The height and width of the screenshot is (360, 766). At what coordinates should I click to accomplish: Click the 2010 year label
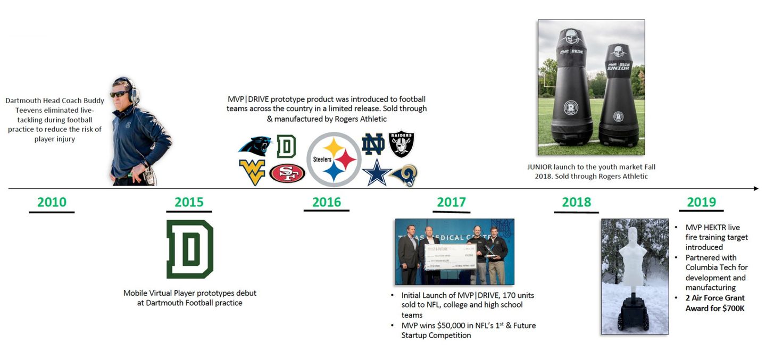tap(52, 202)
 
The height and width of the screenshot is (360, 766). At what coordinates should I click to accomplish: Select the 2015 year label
tap(189, 202)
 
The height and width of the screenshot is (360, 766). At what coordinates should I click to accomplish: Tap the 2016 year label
tap(327, 202)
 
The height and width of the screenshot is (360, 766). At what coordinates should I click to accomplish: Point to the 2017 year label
tap(451, 202)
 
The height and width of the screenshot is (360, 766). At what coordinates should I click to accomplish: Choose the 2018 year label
tap(577, 202)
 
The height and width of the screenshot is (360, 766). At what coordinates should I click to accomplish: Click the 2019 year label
tap(701, 202)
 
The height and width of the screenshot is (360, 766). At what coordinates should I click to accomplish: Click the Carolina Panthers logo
tap(254, 146)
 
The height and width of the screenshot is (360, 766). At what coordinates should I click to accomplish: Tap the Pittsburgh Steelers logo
tap(334, 160)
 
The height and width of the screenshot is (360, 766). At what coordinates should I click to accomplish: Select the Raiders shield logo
tap(401, 144)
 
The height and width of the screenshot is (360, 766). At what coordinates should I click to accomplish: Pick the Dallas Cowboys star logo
tap(377, 173)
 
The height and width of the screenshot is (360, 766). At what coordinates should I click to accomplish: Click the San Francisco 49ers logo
tap(287, 173)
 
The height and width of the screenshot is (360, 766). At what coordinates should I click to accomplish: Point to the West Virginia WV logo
tap(252, 172)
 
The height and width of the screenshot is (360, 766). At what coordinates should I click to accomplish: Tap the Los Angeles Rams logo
tap(404, 175)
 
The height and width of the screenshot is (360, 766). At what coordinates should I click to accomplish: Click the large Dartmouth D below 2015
tap(190, 249)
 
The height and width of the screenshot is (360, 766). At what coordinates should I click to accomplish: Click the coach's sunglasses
tap(119, 94)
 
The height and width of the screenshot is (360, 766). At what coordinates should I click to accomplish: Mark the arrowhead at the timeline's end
tap(755, 188)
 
